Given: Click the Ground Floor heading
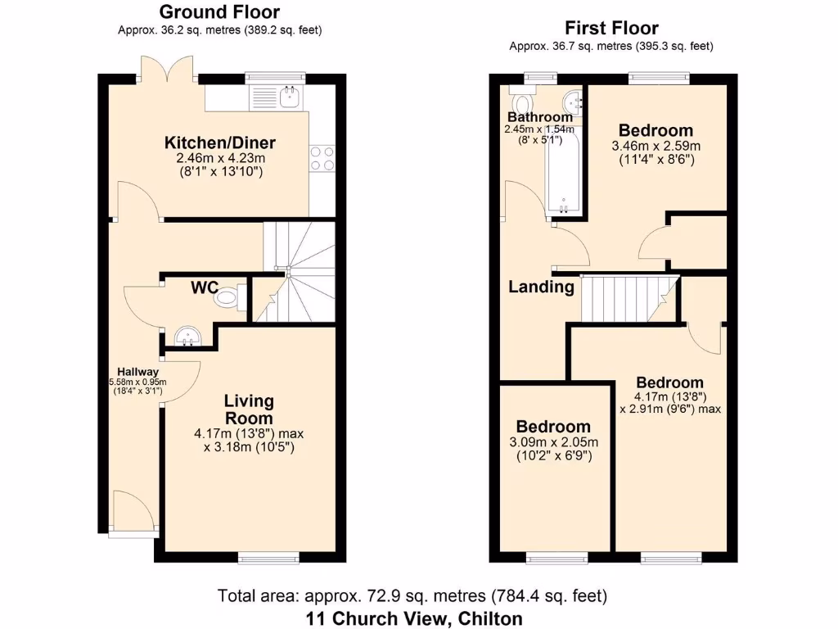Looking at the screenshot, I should pyautogui.click(x=219, y=12).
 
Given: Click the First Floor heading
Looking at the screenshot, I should pyautogui.click(x=610, y=28).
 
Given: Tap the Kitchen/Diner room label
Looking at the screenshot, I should pyautogui.click(x=219, y=143).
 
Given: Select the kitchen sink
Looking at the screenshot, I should pyautogui.click(x=289, y=97).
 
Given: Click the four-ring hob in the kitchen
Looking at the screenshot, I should pyautogui.click(x=322, y=158).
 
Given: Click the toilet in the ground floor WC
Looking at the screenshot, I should pyautogui.click(x=228, y=298).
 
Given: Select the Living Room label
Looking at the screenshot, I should pyautogui.click(x=250, y=409).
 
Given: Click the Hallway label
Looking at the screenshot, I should pyautogui.click(x=137, y=371).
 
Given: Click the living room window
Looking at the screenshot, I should pyautogui.click(x=268, y=559).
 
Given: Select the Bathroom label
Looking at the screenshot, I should pyautogui.click(x=540, y=117).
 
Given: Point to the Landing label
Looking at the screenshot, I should pyautogui.click(x=541, y=287).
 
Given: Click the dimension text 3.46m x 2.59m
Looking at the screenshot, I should pyautogui.click(x=656, y=146).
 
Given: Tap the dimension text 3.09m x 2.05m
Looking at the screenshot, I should pyautogui.click(x=552, y=442).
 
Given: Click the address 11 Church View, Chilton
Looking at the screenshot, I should pyautogui.click(x=414, y=618).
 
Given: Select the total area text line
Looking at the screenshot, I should pyautogui.click(x=412, y=596).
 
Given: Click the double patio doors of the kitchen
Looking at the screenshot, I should pyautogui.click(x=168, y=70).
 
